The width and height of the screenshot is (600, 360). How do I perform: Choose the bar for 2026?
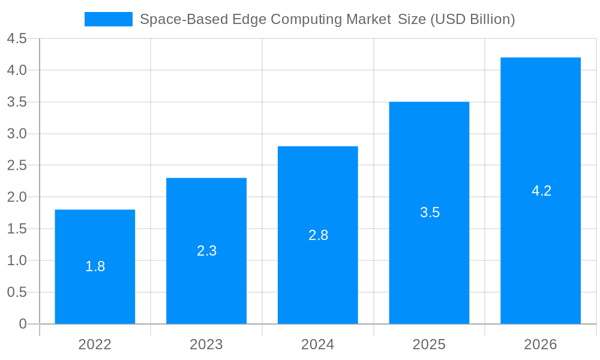[x=541, y=240]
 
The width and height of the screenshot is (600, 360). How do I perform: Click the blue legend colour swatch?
[x=109, y=19]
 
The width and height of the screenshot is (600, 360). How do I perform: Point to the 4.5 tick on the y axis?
[x=17, y=39]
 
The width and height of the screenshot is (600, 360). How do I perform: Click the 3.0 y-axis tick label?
[x=17, y=134]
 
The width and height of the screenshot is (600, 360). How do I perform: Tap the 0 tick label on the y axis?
[x=23, y=324]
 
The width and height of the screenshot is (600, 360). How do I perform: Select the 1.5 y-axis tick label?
[x=17, y=229]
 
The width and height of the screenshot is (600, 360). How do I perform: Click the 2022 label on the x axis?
[x=95, y=344]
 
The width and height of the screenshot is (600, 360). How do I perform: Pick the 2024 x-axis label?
[x=318, y=344]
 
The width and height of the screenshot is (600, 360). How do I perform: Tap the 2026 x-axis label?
[x=541, y=344]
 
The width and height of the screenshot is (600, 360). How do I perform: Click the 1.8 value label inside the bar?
[x=95, y=267]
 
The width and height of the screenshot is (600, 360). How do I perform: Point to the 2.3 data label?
[x=206, y=251]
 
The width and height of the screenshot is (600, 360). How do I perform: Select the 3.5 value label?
[x=430, y=212]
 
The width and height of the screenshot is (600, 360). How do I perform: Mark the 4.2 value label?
[x=541, y=191]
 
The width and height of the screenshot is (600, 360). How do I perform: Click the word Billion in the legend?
[x=491, y=19]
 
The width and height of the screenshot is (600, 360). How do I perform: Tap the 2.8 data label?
[x=318, y=235]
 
